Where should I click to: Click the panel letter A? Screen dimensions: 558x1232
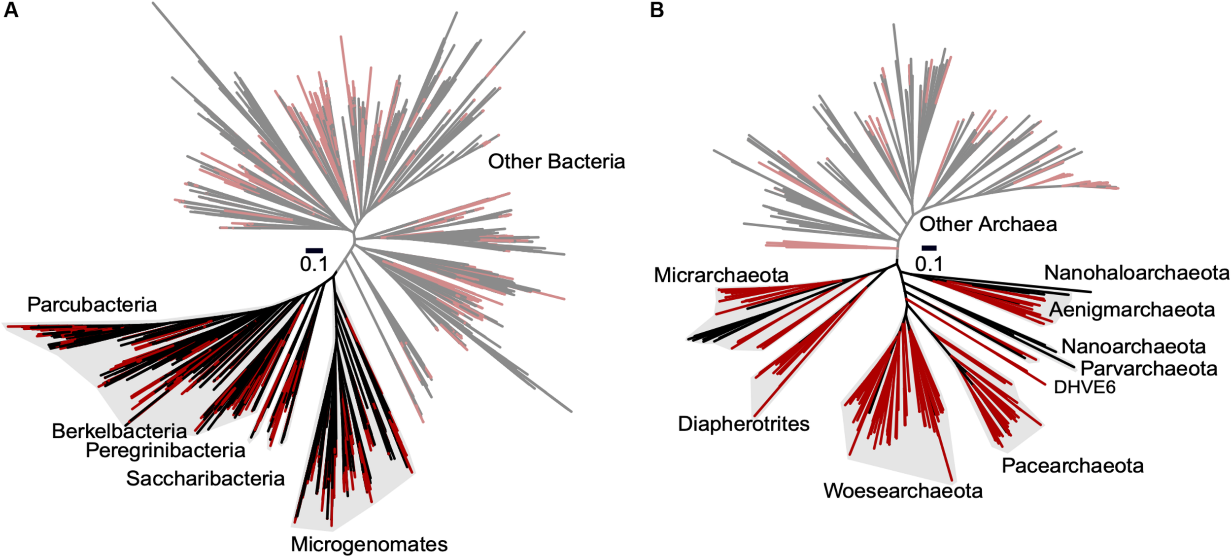[x=11, y=10]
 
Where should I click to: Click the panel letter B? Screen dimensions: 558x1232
[x=656, y=10]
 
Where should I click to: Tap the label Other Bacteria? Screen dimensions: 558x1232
[x=556, y=162]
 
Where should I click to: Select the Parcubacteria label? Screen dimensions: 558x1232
[x=92, y=305]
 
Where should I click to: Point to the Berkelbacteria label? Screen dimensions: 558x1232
[x=119, y=431]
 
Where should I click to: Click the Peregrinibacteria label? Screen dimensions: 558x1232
[x=166, y=451]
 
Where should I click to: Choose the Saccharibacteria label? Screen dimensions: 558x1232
[x=205, y=479]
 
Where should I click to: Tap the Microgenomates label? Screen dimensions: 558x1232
[x=369, y=544]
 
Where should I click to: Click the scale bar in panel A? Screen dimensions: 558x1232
[x=314, y=251]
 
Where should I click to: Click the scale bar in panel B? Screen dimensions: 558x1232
[x=929, y=248]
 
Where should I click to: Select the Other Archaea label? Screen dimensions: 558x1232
[x=988, y=224]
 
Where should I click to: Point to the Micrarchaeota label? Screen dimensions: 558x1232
[x=721, y=276]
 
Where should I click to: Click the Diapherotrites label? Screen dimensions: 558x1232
[x=744, y=424]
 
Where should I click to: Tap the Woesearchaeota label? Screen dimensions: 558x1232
[x=903, y=491]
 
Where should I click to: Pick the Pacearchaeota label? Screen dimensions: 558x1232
[x=1072, y=466]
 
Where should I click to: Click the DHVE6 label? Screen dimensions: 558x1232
[x=1084, y=387]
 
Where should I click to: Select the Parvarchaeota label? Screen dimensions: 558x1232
[x=1149, y=369]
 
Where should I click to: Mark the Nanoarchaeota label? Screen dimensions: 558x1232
[x=1133, y=347]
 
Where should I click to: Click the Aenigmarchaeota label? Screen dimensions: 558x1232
[x=1132, y=310]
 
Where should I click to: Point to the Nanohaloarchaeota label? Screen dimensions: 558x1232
[x=1137, y=273]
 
